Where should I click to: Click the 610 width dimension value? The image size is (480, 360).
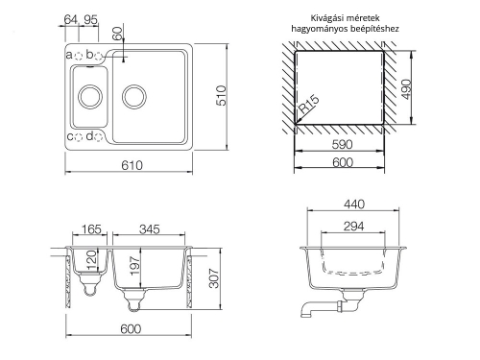132,165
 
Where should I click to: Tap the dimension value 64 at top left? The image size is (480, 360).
71,19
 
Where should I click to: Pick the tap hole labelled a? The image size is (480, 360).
79,56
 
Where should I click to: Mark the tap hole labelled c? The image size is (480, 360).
80,137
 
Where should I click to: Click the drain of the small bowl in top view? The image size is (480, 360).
88,96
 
